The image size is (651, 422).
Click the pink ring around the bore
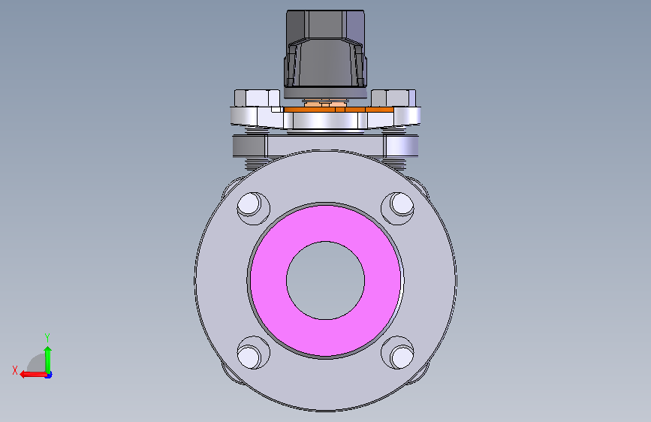click(268, 280)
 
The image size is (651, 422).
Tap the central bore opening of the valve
click(326, 280)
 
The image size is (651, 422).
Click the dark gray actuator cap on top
click(326, 54)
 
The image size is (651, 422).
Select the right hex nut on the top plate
click(393, 98)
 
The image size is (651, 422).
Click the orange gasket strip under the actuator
click(339, 110)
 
